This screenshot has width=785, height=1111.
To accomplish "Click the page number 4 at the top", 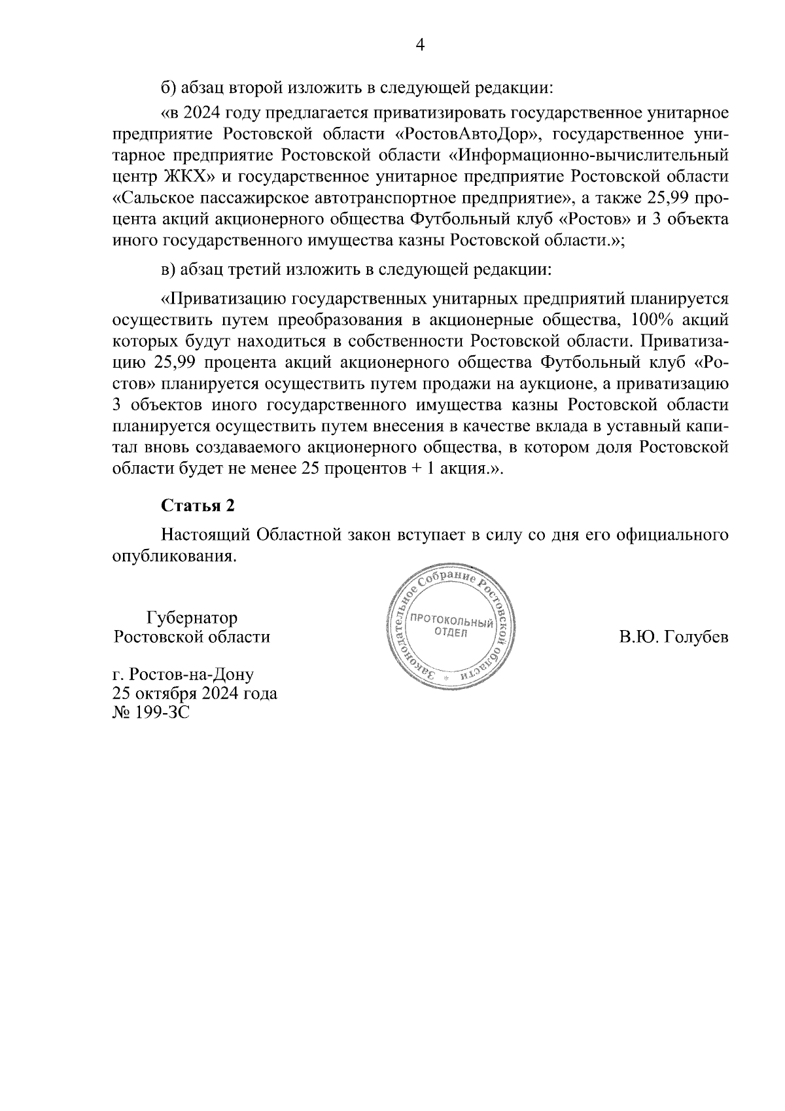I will click(x=420, y=44).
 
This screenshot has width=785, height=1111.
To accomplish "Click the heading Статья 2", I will click(x=198, y=506).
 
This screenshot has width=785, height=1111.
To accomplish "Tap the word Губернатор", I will click(x=192, y=618).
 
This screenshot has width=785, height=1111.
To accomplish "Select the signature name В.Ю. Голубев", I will click(x=674, y=637).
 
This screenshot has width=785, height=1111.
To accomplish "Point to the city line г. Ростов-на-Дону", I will click(x=183, y=674).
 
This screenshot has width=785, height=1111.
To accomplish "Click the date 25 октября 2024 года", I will click(x=195, y=693).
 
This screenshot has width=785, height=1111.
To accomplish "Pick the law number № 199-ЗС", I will click(x=151, y=712).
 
